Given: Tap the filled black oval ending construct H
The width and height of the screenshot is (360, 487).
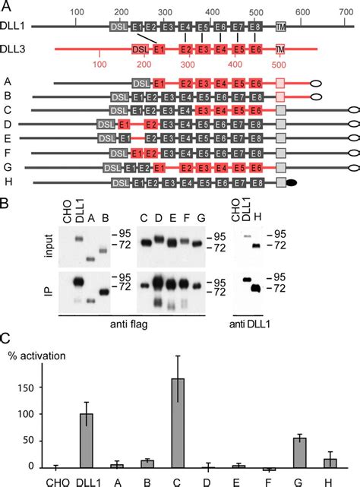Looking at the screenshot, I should pos(292,182).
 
